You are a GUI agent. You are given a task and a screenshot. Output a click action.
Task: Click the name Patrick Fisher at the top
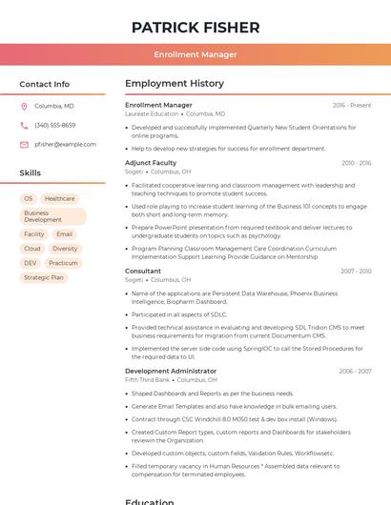[x=195, y=27]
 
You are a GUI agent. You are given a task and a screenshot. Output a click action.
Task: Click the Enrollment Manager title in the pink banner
[x=195, y=54]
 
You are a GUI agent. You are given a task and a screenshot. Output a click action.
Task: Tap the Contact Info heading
[x=44, y=84]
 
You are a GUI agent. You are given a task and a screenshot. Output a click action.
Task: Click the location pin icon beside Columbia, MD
[x=24, y=107]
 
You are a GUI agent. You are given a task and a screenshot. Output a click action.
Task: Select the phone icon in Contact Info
[x=24, y=126]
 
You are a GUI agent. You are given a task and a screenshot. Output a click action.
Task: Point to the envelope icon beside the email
[x=24, y=145]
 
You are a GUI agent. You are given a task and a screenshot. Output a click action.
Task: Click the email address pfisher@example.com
[x=65, y=145]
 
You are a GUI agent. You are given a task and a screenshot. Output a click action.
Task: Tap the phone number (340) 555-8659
[x=54, y=126]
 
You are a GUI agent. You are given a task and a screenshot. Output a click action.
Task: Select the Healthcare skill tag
[x=59, y=199]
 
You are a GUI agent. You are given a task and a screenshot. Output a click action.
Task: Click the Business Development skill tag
[x=52, y=216]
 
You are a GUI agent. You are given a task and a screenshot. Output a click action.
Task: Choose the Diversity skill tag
[x=65, y=249]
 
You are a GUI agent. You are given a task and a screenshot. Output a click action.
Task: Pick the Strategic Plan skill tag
[x=44, y=277]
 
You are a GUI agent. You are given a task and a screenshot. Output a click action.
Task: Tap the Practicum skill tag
[x=63, y=263]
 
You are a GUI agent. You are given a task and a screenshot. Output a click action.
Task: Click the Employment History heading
[x=175, y=84]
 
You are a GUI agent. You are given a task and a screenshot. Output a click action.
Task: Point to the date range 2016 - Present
[x=351, y=106]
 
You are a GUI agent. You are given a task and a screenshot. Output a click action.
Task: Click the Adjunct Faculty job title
[x=151, y=163]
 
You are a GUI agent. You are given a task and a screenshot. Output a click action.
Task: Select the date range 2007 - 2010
[x=355, y=272]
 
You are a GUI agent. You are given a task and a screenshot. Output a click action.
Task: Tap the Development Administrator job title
[x=171, y=371]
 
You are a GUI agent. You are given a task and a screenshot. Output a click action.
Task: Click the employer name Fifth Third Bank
[x=147, y=379]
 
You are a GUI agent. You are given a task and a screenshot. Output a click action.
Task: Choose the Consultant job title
[x=143, y=272]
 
